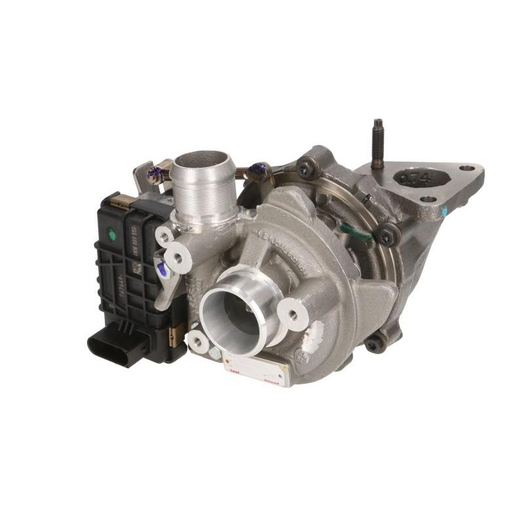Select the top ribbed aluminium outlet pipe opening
[x=203, y=161]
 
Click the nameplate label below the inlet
[x=256, y=371]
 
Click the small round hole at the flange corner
[x=467, y=168]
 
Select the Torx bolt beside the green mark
[x=387, y=234]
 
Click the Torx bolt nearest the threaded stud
[x=305, y=168]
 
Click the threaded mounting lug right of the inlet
[x=293, y=315]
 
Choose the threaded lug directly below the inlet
[x=197, y=342]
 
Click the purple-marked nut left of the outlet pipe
[x=155, y=173]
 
